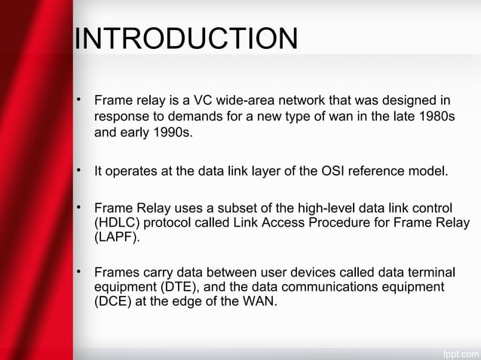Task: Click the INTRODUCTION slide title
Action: coord(185,40)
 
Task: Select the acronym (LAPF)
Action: coord(116,239)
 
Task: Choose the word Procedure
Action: coord(354,224)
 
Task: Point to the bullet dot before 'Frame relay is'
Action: coord(78,100)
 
